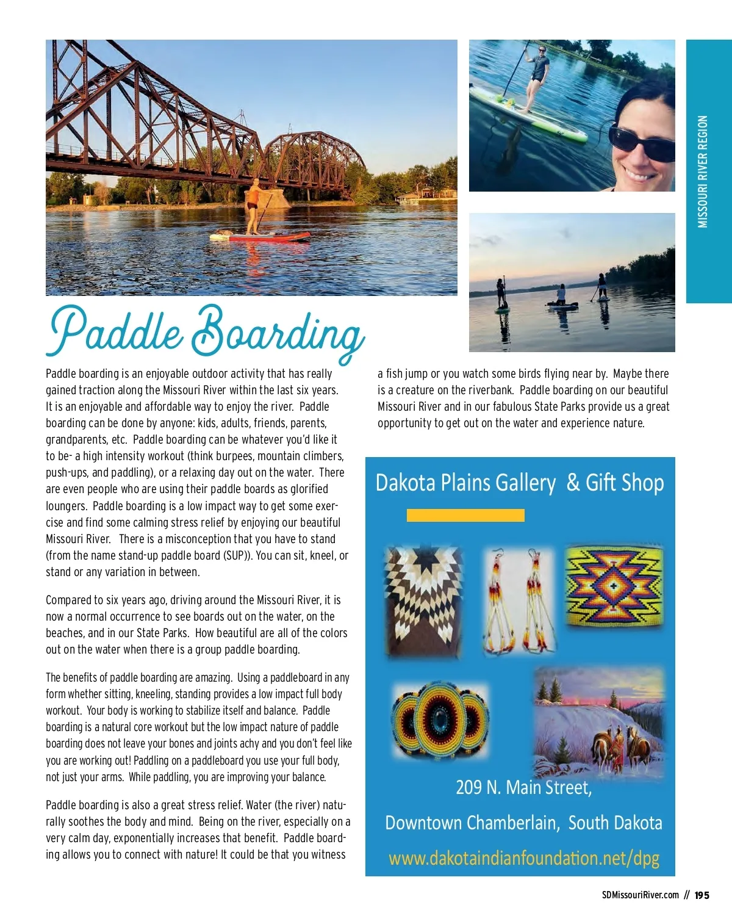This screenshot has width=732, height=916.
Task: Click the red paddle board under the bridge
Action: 262,236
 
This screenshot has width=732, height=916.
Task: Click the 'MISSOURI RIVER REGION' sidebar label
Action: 703,171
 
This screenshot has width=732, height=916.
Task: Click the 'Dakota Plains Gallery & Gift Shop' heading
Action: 519,483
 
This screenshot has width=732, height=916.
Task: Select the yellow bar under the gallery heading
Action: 465,516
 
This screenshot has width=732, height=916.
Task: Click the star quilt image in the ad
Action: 423,600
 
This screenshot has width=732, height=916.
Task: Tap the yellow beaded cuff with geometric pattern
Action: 614,585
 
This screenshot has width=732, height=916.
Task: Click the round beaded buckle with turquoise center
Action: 439,719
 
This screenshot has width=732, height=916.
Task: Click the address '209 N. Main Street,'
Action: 523,787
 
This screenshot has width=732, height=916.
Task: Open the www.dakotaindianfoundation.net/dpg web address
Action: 523,858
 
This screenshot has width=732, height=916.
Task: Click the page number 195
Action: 702,895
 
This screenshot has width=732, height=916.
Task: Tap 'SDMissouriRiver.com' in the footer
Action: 640,895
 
